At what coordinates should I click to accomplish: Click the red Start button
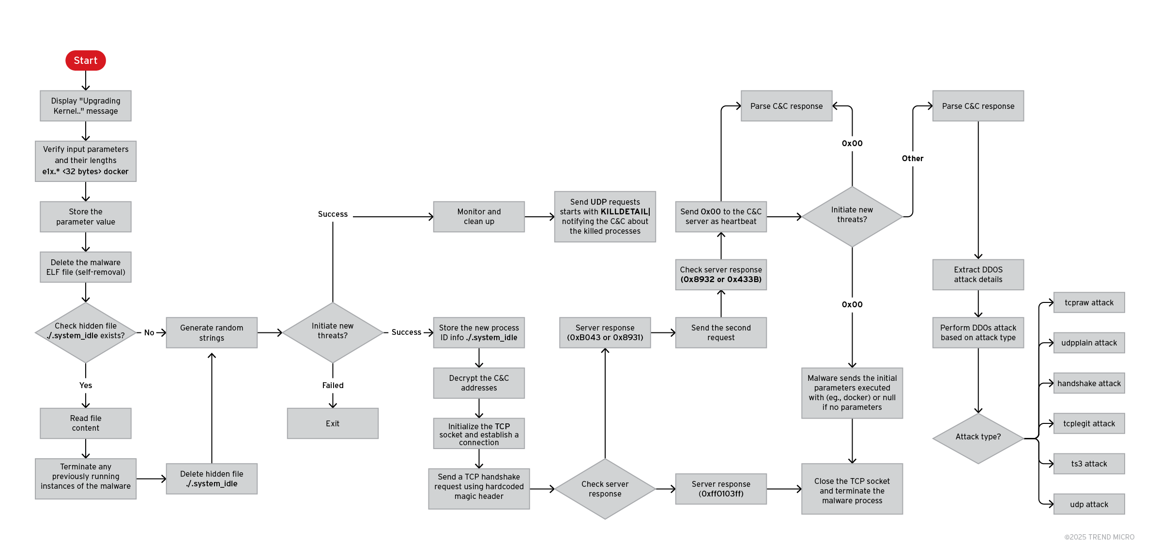click(86, 60)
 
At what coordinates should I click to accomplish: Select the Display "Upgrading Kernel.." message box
click(86, 106)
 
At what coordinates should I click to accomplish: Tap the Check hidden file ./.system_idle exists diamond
click(86, 332)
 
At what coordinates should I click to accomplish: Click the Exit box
click(333, 423)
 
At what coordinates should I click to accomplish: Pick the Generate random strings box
click(212, 332)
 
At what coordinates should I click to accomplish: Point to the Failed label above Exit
click(333, 385)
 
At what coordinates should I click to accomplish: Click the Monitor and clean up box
click(479, 217)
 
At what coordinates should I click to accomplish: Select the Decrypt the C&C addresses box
click(479, 383)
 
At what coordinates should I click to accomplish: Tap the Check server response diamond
click(605, 489)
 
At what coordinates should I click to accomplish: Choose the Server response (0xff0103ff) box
click(721, 489)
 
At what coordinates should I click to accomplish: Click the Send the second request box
click(721, 332)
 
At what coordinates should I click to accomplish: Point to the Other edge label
click(913, 158)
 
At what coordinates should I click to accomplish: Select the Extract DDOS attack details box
click(978, 274)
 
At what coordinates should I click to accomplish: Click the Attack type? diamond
click(978, 437)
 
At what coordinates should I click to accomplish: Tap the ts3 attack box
click(1089, 464)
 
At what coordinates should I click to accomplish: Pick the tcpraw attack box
click(1089, 302)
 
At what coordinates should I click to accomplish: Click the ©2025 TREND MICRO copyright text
click(1099, 537)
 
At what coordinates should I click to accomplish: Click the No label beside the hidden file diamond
click(149, 332)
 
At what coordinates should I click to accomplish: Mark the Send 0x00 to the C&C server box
click(721, 217)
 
